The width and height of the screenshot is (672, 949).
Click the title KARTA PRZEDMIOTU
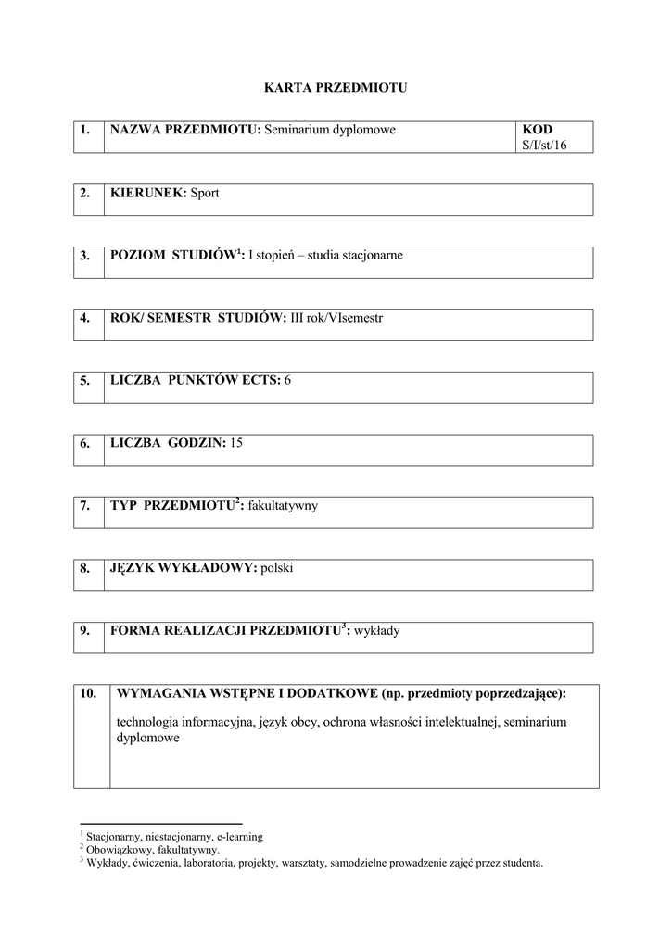tap(336, 88)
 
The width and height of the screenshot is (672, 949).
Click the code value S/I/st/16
tap(543, 146)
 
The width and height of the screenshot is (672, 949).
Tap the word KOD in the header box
tap(537, 130)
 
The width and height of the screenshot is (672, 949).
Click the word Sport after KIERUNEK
tap(205, 193)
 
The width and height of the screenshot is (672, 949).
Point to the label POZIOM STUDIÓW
tap(172, 255)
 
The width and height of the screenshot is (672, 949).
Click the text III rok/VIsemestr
tap(335, 318)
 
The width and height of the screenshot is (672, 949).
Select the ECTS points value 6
tap(287, 380)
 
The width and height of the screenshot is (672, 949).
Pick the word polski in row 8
tap(277, 568)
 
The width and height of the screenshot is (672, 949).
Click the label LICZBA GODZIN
tap(167, 443)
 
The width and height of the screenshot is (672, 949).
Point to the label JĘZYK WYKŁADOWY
tap(183, 568)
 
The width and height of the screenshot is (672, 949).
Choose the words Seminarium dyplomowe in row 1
tap(330, 130)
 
